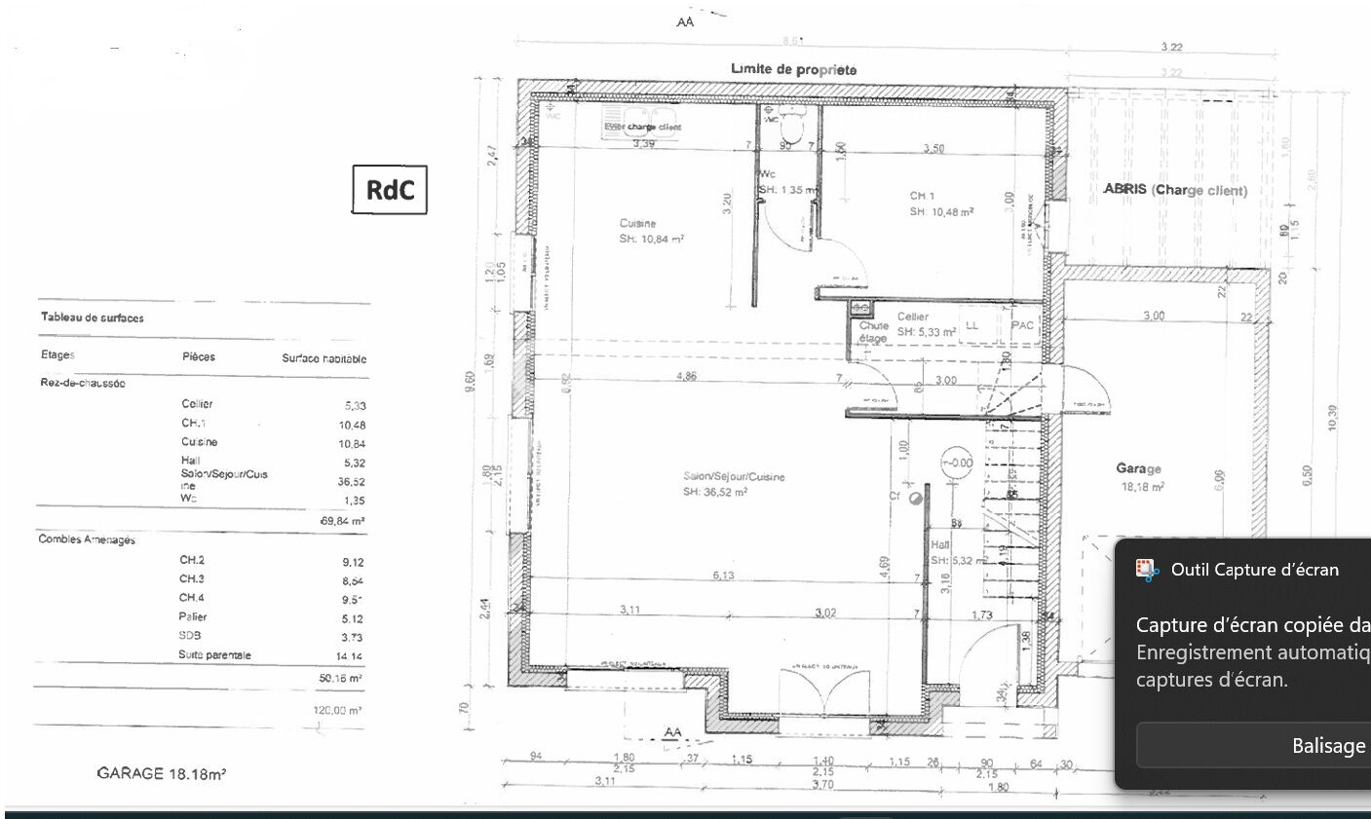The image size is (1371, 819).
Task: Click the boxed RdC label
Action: point(390,190)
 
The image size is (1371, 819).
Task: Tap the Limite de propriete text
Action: point(794,69)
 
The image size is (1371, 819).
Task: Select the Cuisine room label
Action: point(637,224)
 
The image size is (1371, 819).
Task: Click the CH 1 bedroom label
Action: point(922,197)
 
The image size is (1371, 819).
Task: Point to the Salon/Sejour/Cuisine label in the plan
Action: point(734,477)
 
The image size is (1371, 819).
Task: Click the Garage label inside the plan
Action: point(1138,468)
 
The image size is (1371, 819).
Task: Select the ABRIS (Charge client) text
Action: point(1174,190)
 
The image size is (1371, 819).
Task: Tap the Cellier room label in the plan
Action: point(913,316)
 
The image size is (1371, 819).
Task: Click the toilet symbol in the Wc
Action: point(791,127)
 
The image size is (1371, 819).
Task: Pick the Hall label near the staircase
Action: point(940,545)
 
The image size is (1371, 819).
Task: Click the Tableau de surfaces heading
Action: point(93,317)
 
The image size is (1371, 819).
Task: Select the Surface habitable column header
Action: point(324,358)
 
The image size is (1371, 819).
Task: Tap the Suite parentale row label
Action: point(214,655)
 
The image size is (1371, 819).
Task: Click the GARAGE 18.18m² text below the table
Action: point(162,774)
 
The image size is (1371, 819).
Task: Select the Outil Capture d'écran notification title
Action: point(1255,570)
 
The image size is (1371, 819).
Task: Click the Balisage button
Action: point(1328,746)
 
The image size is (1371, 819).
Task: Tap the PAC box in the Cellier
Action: point(1022,325)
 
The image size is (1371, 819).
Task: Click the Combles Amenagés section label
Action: point(87,540)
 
